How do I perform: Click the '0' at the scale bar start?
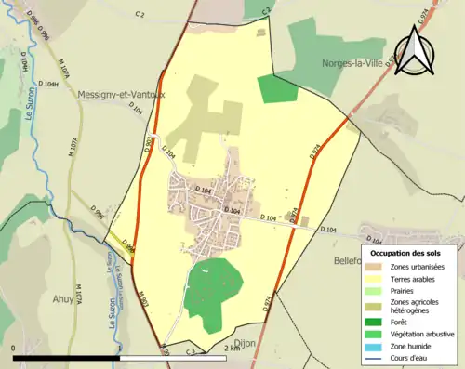click(14, 349)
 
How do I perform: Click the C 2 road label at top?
click(140, 15)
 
